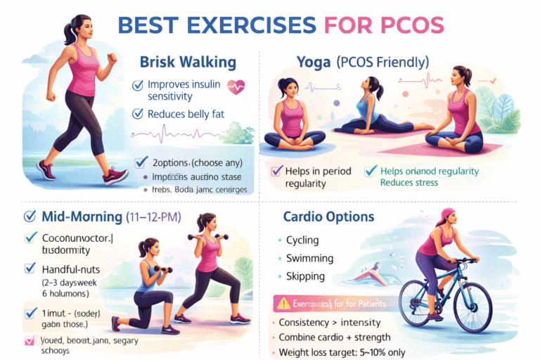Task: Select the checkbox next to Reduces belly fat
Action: (x=139, y=114)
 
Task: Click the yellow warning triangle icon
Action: (x=284, y=304)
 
